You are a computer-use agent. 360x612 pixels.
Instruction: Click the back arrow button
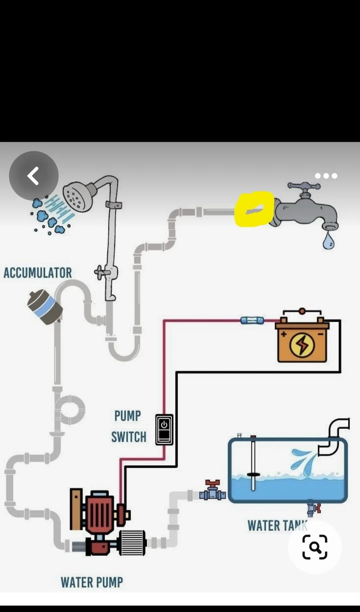(34, 176)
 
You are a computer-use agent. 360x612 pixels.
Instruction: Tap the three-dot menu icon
(326, 176)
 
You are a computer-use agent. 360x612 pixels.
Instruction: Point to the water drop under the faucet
(328, 241)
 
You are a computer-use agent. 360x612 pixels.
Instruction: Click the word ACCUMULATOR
(38, 273)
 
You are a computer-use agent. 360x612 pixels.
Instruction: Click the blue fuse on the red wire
(252, 321)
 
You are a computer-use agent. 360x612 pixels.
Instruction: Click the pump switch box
(164, 430)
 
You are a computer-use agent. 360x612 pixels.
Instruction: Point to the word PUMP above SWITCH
(128, 416)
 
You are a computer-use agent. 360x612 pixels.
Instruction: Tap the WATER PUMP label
(92, 582)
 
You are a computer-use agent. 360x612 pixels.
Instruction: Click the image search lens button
(315, 547)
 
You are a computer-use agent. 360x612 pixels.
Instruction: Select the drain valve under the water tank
(313, 508)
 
